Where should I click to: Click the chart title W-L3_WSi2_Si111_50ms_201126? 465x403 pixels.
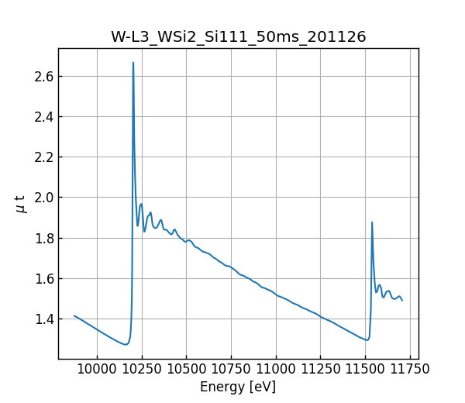(238, 36)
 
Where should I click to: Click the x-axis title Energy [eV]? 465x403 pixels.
(238, 387)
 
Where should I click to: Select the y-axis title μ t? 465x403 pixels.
(22, 204)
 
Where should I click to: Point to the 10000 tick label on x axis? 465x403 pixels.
(97, 369)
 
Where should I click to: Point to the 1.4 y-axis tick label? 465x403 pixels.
(43, 319)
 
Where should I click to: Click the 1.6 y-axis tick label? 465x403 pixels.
(43, 279)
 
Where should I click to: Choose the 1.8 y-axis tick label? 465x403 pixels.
(43, 239)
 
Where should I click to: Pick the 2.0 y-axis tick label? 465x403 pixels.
(43, 198)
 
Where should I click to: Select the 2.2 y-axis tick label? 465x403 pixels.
(43, 157)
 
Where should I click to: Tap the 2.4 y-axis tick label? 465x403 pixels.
(43, 117)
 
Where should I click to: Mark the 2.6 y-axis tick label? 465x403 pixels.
(43, 77)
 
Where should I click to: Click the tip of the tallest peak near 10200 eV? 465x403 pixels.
(133, 63)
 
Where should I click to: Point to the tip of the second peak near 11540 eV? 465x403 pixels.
(372, 222)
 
